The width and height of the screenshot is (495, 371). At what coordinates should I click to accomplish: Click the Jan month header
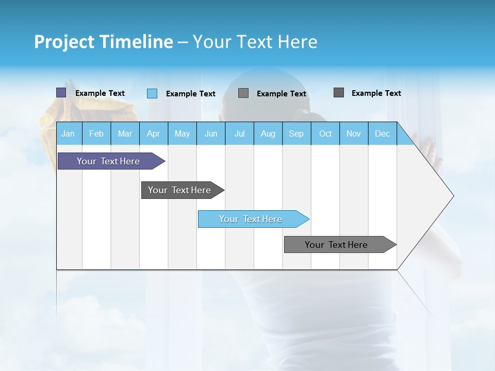tap(68, 134)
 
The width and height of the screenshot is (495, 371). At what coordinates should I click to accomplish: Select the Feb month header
tap(96, 134)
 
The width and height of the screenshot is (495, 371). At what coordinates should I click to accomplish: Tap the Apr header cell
tap(153, 134)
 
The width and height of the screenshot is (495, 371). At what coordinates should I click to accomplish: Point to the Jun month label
tap(211, 134)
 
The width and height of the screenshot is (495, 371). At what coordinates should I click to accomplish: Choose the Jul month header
tap(239, 134)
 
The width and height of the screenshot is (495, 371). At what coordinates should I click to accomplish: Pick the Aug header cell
tap(268, 134)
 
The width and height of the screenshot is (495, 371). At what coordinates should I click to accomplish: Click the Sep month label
tap(296, 134)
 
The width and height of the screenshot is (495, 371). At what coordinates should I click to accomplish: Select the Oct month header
tap(325, 134)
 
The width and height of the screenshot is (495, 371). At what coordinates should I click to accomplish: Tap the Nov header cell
tap(354, 134)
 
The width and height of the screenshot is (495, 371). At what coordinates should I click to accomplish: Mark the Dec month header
tap(382, 134)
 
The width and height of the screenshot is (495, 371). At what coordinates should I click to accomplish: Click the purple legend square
tap(61, 93)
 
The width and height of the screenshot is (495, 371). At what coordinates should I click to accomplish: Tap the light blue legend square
tap(152, 93)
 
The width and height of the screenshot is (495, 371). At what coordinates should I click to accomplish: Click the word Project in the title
tap(64, 42)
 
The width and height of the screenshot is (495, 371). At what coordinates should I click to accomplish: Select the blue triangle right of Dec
tap(404, 138)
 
